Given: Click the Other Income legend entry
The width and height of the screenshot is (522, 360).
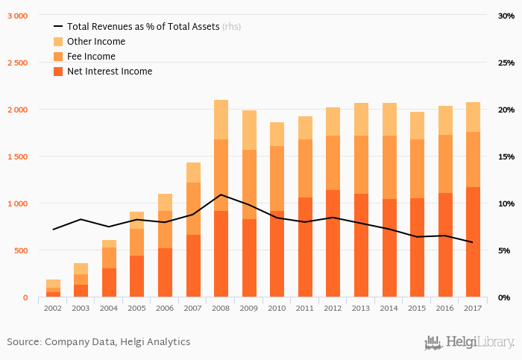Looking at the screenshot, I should coord(95,42).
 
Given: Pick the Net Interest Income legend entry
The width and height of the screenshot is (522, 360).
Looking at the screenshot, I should coord(109,72).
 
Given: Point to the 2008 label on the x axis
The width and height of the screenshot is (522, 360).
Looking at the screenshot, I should coord(221,307).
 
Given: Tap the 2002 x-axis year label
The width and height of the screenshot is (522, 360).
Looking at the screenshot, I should coord(53,307).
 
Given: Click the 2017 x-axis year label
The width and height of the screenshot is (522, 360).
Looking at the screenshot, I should coord(473,307).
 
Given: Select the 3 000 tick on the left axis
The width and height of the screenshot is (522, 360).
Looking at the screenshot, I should coord(17,16).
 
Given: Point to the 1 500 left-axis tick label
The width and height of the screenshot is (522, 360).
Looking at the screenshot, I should coord(17,157).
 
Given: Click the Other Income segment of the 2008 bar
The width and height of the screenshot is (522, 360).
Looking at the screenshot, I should coord(221,119).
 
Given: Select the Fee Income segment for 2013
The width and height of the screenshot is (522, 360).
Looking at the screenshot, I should coord(361,165).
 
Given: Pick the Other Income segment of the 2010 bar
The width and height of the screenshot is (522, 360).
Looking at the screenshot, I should coord(277,134).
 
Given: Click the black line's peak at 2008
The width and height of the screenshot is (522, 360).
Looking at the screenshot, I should coord(221,195).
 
